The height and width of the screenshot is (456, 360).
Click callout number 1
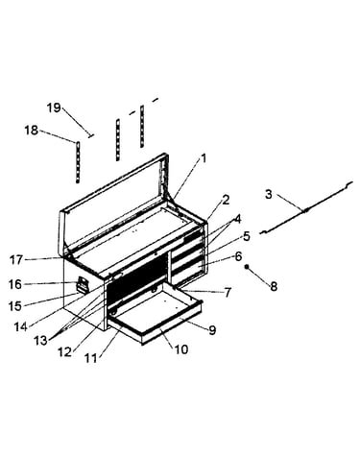tap(204, 158)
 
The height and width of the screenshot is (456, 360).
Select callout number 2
tap(226, 200)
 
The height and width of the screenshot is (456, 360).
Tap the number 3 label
tap(269, 194)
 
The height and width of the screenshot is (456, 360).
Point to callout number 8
tap(274, 286)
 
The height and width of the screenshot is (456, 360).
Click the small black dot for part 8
tap(247, 267)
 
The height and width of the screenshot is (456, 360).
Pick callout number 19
tap(54, 108)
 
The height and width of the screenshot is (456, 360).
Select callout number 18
tap(32, 131)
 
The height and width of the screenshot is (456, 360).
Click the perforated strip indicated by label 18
tap(78, 162)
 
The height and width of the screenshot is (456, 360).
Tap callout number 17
tap(15, 259)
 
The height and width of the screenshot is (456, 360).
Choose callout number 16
tap(15, 284)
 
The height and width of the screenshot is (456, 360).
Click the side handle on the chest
tap(82, 285)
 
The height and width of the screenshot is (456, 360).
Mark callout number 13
tap(40, 341)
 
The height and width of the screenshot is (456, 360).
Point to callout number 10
tap(181, 349)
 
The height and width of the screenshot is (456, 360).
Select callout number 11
tap(91, 358)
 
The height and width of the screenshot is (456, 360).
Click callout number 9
tap(213, 330)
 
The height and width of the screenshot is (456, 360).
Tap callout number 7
tap(228, 292)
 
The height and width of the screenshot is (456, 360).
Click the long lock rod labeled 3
tap(306, 208)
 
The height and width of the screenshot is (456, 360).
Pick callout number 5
tap(247, 236)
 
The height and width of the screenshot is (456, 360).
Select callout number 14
tap(20, 326)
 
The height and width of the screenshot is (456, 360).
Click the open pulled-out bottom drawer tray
tap(156, 315)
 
